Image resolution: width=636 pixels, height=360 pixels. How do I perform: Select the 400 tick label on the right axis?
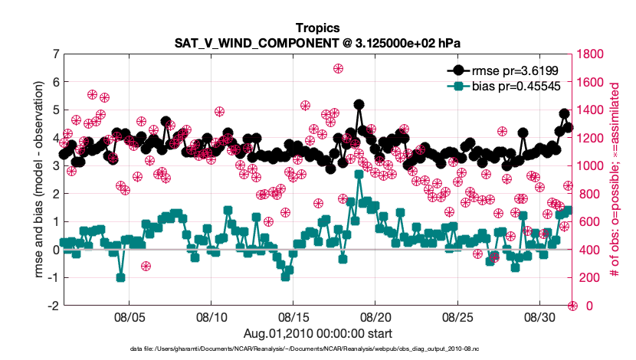pyautogui.click(x=589, y=250)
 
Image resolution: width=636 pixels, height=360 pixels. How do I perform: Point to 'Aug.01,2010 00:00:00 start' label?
pyautogui.click(x=317, y=333)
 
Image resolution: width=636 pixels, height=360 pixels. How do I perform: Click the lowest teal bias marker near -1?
pyautogui.click(x=121, y=277)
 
